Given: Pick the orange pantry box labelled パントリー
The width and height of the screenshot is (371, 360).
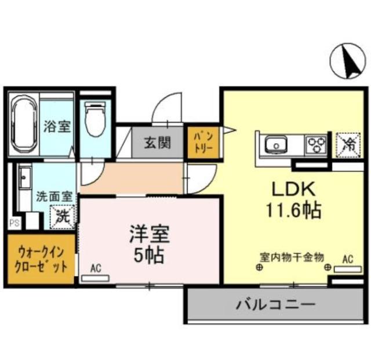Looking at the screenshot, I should (x=202, y=142).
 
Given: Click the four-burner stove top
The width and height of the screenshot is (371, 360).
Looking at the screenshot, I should (x=317, y=143).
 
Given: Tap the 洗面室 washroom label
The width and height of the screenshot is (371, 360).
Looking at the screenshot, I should (x=52, y=196).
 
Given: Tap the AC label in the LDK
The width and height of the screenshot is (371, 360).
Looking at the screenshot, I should (x=348, y=258).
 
